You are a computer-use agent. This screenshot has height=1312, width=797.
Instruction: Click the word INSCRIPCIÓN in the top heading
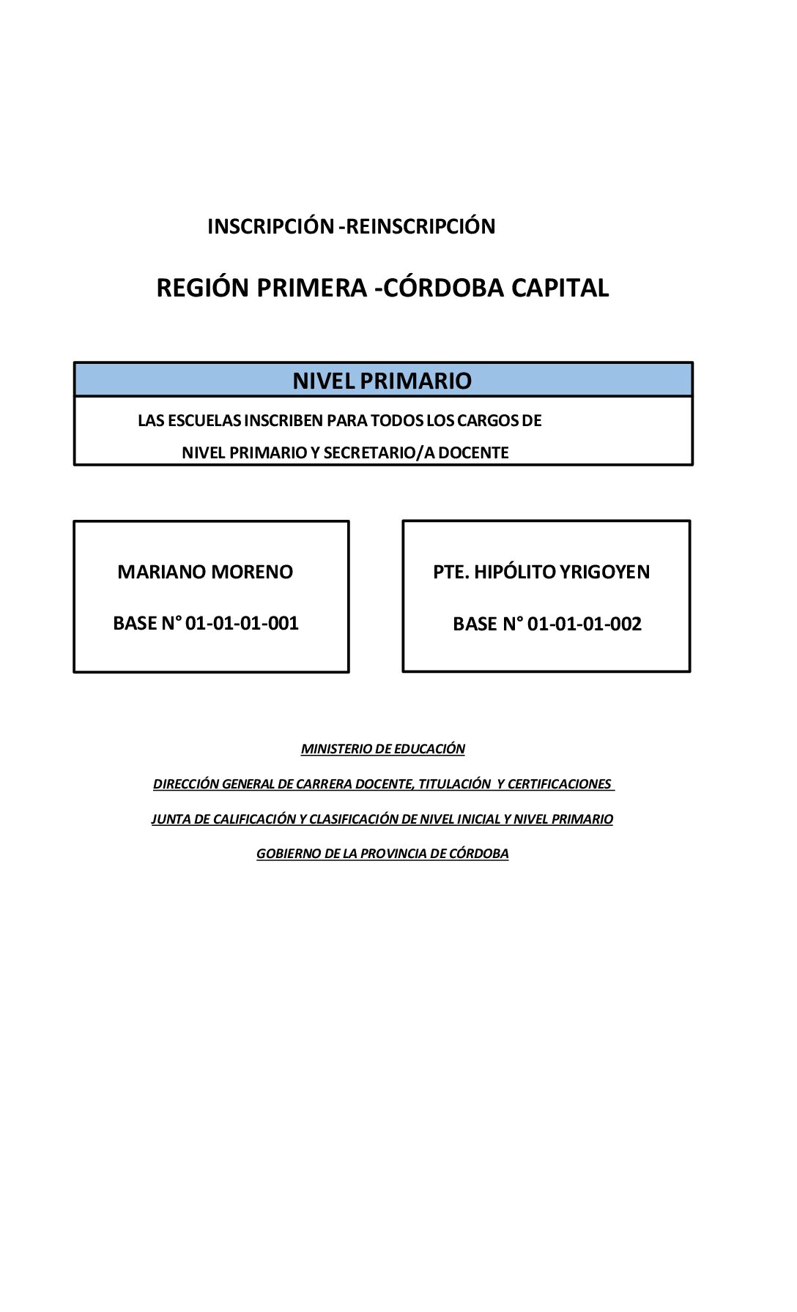270,225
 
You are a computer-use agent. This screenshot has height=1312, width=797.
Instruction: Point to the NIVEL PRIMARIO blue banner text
382,381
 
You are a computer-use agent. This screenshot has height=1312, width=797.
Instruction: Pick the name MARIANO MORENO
205,572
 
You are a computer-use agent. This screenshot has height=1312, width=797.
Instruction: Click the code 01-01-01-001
242,623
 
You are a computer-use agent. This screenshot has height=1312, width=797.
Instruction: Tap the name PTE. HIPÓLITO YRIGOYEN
541,572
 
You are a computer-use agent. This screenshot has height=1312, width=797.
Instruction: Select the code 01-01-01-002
585,624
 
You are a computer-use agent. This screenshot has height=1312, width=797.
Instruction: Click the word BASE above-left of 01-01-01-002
475,624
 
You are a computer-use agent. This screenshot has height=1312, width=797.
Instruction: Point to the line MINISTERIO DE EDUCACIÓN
383,748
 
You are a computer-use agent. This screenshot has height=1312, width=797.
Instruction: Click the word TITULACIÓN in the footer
454,783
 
